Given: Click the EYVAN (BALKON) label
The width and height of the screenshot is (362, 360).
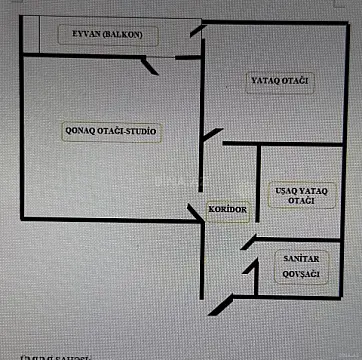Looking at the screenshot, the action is [106, 36].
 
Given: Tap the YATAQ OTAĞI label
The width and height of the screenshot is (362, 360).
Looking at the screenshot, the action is [279, 79].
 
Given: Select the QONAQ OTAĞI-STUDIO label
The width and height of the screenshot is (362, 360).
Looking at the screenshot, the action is [112, 131].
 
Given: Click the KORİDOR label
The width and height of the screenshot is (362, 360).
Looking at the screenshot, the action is [227, 208].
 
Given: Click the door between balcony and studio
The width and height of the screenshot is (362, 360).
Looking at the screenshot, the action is [149, 66].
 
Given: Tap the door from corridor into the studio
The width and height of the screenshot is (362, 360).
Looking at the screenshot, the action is [197, 212].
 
